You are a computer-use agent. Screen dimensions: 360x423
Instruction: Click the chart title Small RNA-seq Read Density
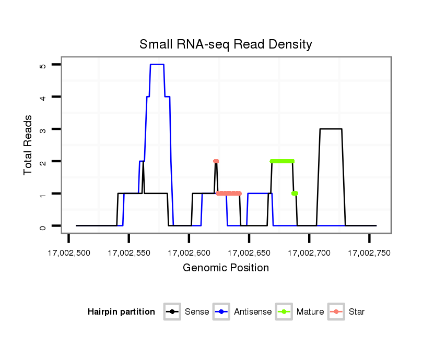[x=226, y=44]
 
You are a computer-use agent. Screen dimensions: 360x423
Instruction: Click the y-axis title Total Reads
[x=28, y=145]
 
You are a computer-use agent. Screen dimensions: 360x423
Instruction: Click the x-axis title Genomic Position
[x=226, y=268]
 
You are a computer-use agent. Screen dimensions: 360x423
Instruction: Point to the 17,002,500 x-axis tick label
[x=69, y=253]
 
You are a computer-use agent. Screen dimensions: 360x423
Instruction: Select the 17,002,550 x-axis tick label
[x=129, y=253]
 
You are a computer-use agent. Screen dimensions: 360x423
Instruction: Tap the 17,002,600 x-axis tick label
[x=189, y=253]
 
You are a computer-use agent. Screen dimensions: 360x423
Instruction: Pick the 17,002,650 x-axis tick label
[x=249, y=253]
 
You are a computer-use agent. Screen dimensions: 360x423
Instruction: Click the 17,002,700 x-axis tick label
[x=309, y=253]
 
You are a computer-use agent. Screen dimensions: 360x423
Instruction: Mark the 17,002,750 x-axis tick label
[x=369, y=253]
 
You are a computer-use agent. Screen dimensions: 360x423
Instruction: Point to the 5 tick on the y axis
[x=42, y=65]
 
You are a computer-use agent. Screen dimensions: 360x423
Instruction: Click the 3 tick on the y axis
[x=42, y=129]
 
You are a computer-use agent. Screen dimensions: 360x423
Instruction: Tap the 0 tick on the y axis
[x=42, y=226]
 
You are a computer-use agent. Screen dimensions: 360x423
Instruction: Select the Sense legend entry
[x=196, y=312]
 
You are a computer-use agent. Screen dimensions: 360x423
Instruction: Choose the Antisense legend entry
[x=252, y=312]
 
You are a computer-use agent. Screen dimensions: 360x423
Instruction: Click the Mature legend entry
[x=310, y=312]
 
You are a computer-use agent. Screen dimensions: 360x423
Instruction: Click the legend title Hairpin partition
[x=121, y=312]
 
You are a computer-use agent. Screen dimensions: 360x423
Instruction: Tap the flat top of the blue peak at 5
[x=157, y=65]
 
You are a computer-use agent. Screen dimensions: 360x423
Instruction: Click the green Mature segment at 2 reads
[x=282, y=161]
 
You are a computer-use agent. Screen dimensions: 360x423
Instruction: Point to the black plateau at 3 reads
[x=331, y=129]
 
